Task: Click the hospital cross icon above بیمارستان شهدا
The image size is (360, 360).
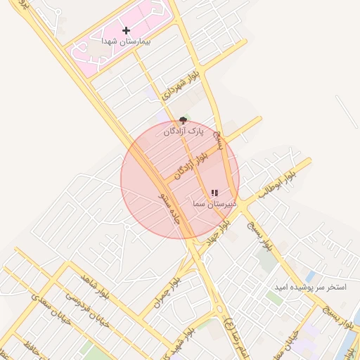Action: pyautogui.click(x=126, y=30)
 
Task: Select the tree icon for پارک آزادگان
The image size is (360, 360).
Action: pyautogui.click(x=184, y=120)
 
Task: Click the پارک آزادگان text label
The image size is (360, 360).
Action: pyautogui.click(x=184, y=131)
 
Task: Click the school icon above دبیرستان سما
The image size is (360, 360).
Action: pyautogui.click(x=214, y=193)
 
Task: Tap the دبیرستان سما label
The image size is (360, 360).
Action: pyautogui.click(x=214, y=204)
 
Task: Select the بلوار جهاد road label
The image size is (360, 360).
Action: pyautogui.click(x=218, y=231)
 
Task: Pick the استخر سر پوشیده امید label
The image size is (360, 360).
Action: pyautogui.click(x=310, y=288)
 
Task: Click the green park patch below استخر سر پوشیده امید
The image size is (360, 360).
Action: pyautogui.click(x=274, y=298)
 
